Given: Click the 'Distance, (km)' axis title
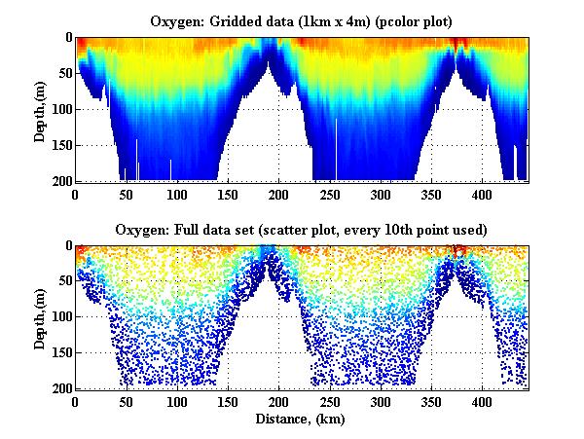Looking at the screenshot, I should (x=302, y=420).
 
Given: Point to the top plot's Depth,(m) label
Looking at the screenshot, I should (x=40, y=109).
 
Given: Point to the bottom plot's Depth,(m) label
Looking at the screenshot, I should (x=40, y=317).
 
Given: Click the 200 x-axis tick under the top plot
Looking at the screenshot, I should (x=279, y=194).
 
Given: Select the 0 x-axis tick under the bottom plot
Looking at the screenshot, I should (x=76, y=402).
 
